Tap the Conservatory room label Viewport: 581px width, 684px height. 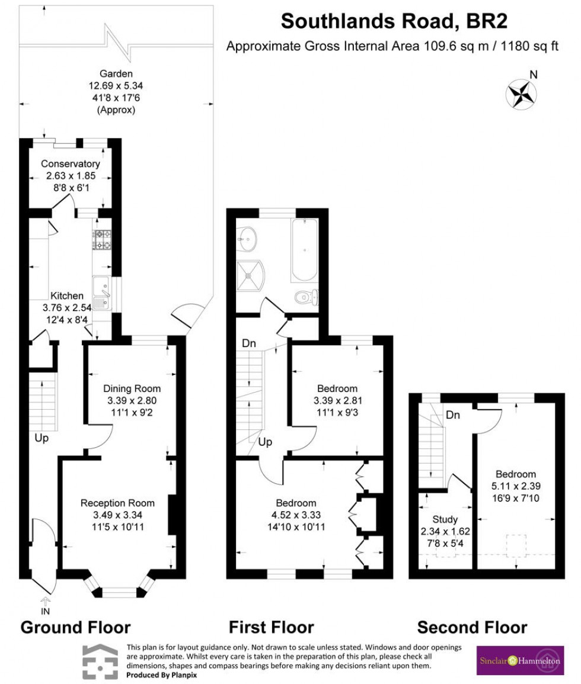[70, 164]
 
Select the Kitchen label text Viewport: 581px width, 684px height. [67, 296]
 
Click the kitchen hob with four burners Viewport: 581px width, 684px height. [102, 240]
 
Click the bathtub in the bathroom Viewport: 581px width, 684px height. [304, 251]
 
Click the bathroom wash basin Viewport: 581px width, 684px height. [248, 239]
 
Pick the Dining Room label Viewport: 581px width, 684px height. [132, 388]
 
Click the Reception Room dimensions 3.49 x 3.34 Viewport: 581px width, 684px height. [117, 515]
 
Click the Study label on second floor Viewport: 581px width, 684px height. [445, 520]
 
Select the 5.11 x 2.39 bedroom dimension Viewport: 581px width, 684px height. [516, 486]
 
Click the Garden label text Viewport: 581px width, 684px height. [116, 74]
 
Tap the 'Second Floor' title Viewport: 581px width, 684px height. [471, 627]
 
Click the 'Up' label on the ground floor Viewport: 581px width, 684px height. [41, 439]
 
